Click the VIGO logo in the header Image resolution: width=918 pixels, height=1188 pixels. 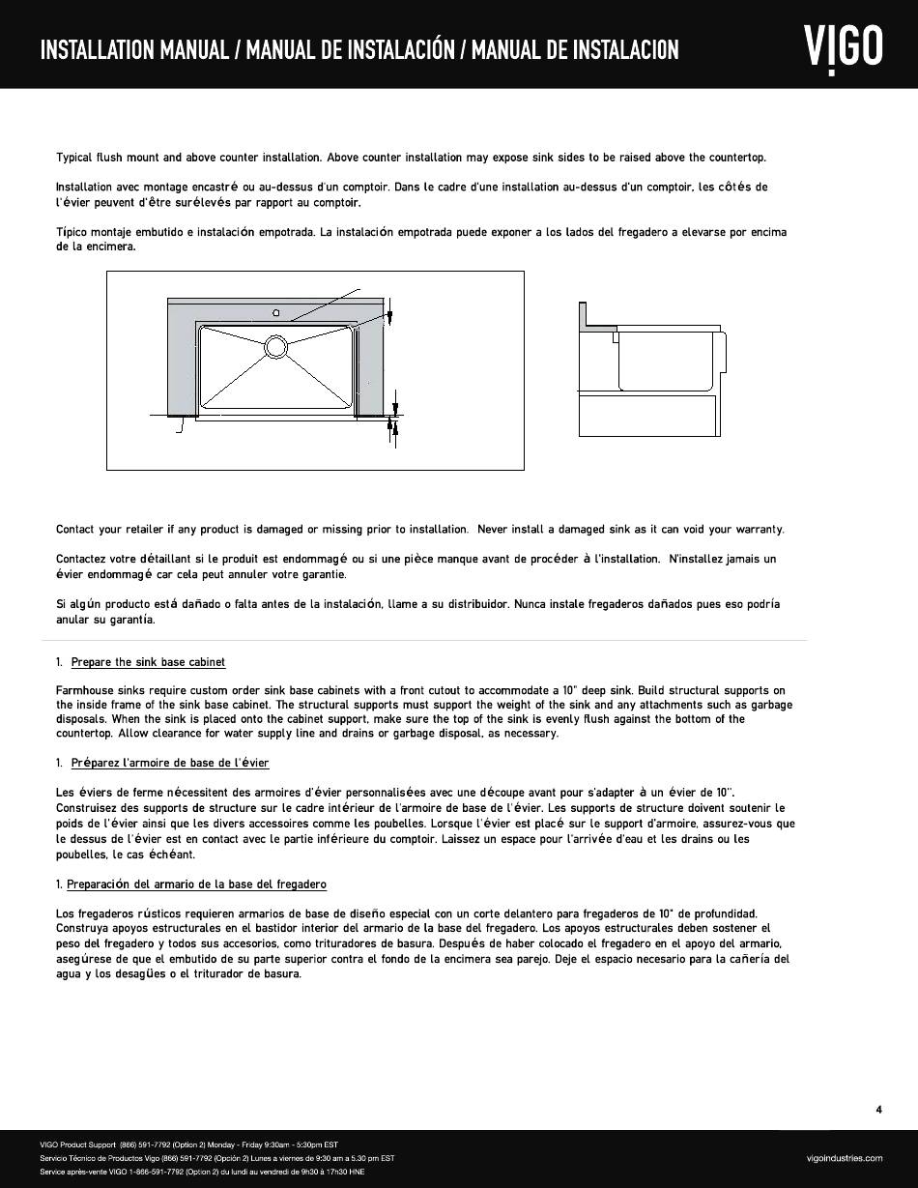click(x=843, y=46)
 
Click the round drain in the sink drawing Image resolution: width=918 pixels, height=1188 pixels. click(x=275, y=345)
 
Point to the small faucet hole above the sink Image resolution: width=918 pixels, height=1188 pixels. click(x=276, y=313)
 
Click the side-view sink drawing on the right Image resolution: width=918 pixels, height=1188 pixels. click(x=648, y=368)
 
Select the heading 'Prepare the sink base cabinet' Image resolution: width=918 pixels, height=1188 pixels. click(x=148, y=662)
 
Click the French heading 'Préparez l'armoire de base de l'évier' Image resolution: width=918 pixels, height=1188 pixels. click(x=170, y=763)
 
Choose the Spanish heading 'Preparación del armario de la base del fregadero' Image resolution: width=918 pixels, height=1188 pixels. click(x=196, y=884)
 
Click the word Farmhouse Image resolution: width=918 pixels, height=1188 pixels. click(x=84, y=690)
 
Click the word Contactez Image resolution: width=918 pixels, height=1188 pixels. click(x=82, y=559)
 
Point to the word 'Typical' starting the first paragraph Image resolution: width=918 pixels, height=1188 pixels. click(x=74, y=157)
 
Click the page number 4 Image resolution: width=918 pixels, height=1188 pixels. click(x=878, y=1110)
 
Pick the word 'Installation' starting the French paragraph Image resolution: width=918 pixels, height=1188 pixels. click(x=84, y=187)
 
